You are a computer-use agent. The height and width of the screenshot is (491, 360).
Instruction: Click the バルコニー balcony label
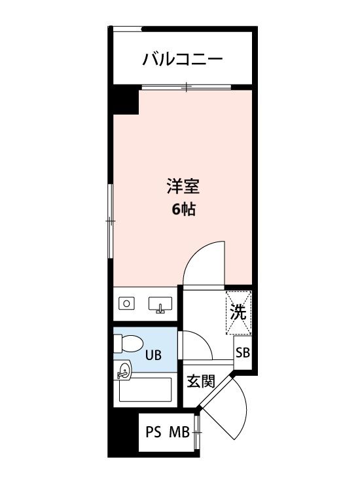183,61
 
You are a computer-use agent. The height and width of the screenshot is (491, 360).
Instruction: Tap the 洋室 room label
183,187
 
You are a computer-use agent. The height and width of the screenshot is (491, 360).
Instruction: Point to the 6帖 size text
183,211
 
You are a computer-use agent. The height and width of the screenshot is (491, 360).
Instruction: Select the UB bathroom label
153,356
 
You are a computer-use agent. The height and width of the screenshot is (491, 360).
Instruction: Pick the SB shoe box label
242,354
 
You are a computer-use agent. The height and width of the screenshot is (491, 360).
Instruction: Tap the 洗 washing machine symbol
238,313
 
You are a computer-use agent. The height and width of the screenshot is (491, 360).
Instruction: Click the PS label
153,433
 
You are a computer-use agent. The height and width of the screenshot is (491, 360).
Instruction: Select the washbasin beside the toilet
123,371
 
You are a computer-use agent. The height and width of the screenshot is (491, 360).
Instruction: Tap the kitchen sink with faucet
160,304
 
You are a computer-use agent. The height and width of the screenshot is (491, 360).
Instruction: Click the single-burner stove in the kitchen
126,303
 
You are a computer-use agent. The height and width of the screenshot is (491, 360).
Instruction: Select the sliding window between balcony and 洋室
187,87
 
